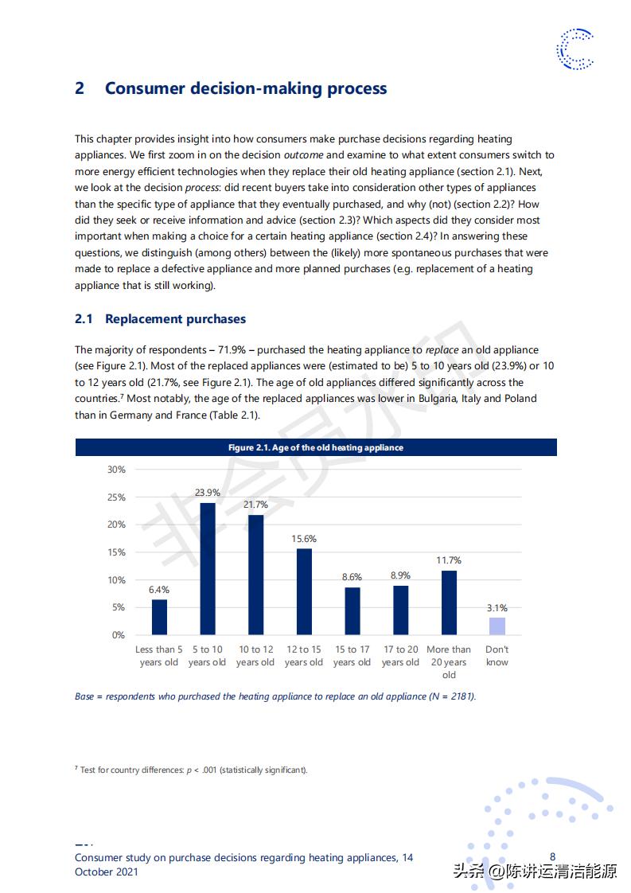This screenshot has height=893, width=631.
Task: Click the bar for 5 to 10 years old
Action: [x=208, y=568]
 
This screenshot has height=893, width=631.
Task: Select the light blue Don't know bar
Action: [x=497, y=626]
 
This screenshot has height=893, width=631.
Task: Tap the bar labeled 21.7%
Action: [x=255, y=575]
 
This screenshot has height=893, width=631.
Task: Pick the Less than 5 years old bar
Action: [x=159, y=617]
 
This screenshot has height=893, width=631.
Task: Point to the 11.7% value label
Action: [x=449, y=560]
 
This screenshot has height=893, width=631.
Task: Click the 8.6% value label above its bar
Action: [x=353, y=577]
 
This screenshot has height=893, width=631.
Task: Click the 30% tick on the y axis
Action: [x=117, y=470]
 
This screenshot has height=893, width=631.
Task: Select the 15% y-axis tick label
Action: [x=117, y=552]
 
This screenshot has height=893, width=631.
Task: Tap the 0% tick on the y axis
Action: [x=119, y=635]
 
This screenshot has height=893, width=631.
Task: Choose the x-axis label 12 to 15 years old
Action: [x=304, y=656]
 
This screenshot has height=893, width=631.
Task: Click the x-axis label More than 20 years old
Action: [x=449, y=662]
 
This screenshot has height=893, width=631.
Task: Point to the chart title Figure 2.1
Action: [x=316, y=448]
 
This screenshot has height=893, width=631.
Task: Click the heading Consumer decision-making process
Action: [x=246, y=88]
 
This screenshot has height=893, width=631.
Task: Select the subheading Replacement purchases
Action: [x=175, y=319]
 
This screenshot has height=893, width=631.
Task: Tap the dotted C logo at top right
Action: [x=574, y=49]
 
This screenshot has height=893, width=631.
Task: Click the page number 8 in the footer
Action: [x=553, y=857]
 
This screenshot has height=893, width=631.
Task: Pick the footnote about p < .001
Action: [x=191, y=770]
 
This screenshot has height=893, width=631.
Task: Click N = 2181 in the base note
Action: [x=452, y=696]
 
